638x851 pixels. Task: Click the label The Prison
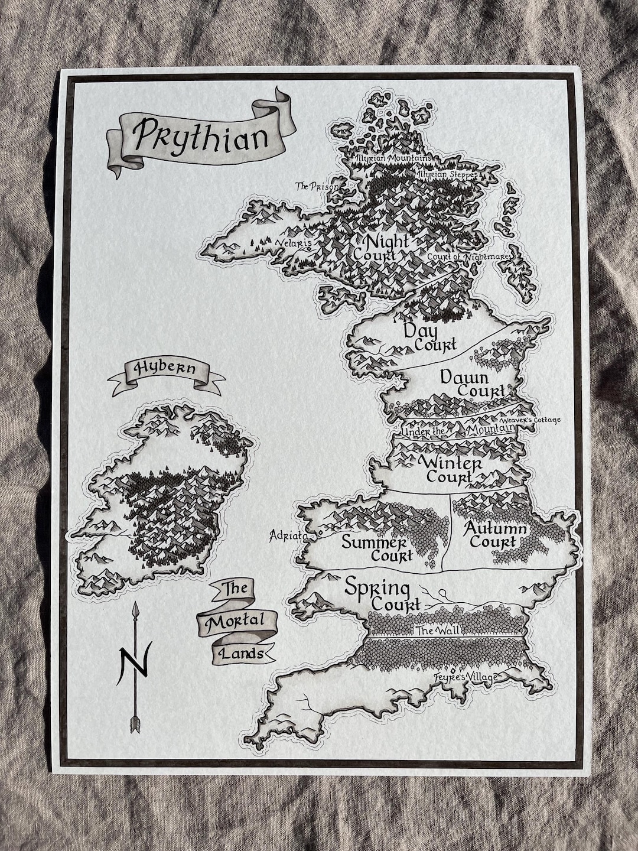317,187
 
